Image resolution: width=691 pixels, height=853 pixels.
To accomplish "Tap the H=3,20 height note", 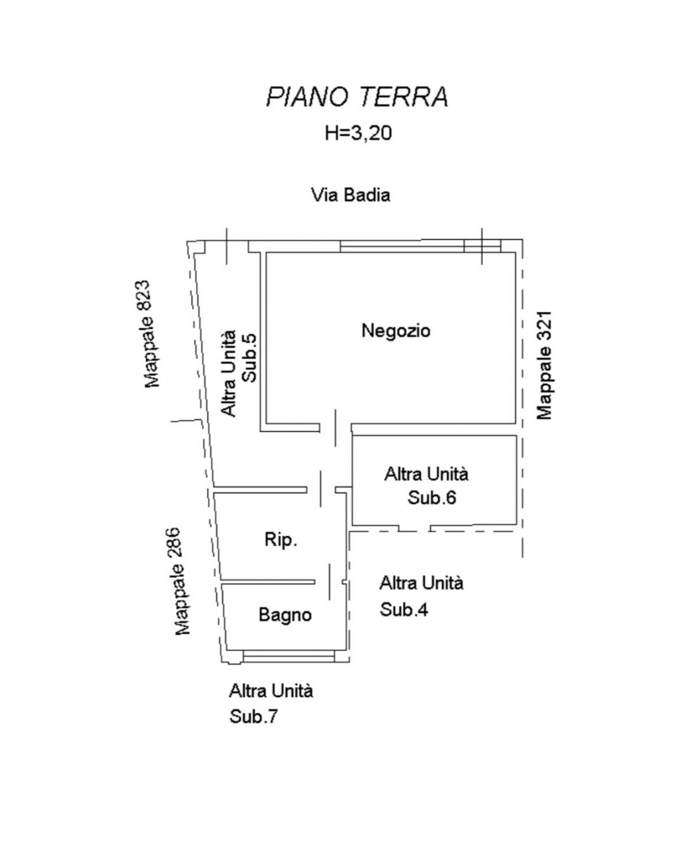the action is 358,133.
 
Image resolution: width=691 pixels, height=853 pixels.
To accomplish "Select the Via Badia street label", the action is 350,195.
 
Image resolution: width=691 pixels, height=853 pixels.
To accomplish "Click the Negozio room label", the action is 396,331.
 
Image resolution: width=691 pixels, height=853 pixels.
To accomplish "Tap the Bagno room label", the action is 285,614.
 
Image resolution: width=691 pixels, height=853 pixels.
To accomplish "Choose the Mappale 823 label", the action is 152,334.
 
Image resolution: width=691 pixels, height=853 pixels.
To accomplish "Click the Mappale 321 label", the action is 544,365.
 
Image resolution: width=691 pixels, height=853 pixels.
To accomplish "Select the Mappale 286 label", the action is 183,582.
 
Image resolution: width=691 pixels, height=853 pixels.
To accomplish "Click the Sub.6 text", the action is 432,498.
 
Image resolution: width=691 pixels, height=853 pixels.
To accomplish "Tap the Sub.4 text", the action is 404,610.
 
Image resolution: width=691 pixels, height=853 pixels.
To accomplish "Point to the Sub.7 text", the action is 253,716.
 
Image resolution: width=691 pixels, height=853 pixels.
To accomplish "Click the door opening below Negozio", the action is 335,428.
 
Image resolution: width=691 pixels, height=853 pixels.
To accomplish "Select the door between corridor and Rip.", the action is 321,489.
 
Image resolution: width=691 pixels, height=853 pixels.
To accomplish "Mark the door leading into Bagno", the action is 329,582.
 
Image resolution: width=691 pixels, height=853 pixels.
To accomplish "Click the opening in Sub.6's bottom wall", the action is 414,528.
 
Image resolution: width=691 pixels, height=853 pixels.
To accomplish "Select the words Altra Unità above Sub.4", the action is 422,583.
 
